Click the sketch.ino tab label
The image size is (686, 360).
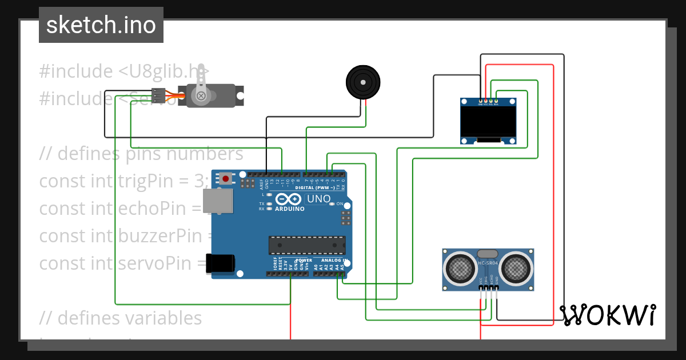101,25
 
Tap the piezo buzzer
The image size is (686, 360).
362,82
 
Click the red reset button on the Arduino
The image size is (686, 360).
226,179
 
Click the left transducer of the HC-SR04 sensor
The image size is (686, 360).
460,267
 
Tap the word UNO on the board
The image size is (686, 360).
319,199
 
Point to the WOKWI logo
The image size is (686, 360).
607,315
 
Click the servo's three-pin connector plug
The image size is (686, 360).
158,94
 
